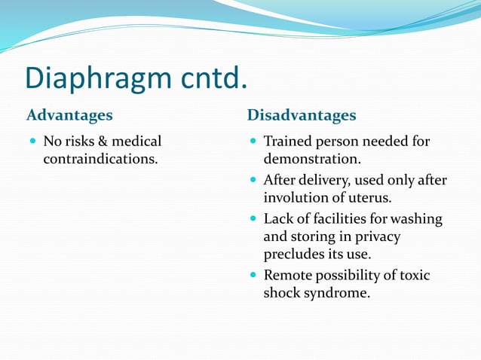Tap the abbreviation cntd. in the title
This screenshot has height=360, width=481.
click(219, 78)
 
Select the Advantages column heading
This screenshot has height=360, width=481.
click(69, 116)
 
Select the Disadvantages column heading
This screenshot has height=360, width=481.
click(302, 116)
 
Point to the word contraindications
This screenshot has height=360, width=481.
click(100, 160)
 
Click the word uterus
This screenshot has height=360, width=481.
click(369, 198)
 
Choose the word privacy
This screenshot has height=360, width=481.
click(375, 237)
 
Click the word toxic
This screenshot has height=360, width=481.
click(414, 276)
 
